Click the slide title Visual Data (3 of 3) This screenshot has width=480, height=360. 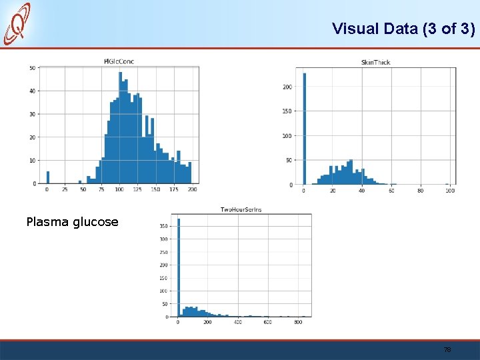tap(403, 29)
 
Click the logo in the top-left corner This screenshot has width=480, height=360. tap(18, 23)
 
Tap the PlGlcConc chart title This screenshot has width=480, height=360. tap(119, 61)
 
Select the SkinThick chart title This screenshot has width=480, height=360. tap(375, 62)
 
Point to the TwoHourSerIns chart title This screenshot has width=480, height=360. tap(241, 209)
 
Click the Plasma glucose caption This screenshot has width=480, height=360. tap(72, 222)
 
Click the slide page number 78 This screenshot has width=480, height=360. tap(447, 349)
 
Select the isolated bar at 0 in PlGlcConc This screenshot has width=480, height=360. tap(47, 177)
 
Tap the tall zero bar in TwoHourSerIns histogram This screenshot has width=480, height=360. tap(178, 267)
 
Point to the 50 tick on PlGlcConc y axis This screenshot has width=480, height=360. tap(33, 67)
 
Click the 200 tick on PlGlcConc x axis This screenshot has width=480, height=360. tap(192, 190)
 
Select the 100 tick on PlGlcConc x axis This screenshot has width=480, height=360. tap(119, 190)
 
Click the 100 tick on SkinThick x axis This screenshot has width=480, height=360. tap(450, 191)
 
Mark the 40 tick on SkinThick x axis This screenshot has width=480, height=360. tap(361, 191)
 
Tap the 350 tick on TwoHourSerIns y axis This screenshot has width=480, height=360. tap(163, 226)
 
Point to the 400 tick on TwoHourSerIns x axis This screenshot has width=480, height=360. tap(237, 323)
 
